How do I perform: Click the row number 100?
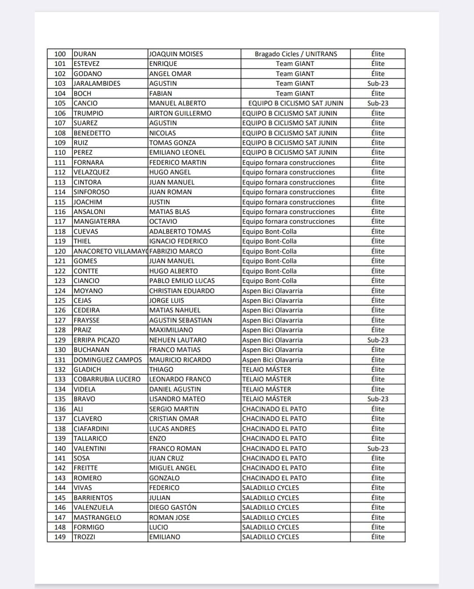click(x=60, y=54)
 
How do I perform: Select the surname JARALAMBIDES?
click(x=97, y=83)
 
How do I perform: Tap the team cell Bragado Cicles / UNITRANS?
click(x=296, y=54)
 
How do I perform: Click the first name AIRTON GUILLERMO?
click(x=180, y=113)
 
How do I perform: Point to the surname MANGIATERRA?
click(x=97, y=221)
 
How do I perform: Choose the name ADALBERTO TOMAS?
click(x=180, y=231)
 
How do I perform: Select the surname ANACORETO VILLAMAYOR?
click(x=110, y=251)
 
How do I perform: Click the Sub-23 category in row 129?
click(x=377, y=340)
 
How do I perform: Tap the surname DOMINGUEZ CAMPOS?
click(x=108, y=360)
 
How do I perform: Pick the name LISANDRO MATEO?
click(x=177, y=399)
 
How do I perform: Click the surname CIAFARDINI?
click(x=91, y=429)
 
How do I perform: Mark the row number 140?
click(x=60, y=448)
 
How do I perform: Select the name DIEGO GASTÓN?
click(x=172, y=507)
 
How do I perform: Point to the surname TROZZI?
click(x=84, y=537)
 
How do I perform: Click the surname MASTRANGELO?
click(x=97, y=517)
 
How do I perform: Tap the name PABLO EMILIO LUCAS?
click(x=182, y=281)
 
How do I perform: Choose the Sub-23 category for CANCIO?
click(x=377, y=103)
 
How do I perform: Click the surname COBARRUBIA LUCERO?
click(x=107, y=379)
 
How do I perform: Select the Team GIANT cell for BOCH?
click(x=295, y=94)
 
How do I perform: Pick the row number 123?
click(x=60, y=281)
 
